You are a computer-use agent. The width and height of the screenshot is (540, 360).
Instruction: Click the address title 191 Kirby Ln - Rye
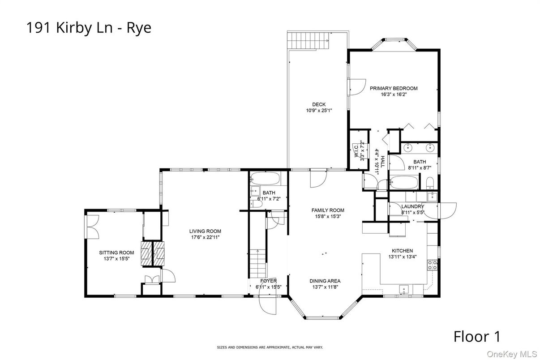[89, 28]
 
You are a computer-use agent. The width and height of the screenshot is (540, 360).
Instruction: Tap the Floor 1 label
[477, 336]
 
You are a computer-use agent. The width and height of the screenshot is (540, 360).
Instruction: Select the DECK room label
[319, 104]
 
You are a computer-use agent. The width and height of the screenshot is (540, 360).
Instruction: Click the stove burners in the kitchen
[433, 265]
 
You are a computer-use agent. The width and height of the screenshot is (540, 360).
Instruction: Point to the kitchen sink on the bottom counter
[405, 289]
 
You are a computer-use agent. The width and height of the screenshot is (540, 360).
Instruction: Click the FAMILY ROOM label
[328, 210]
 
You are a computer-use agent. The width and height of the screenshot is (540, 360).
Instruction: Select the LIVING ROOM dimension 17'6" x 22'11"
[205, 237]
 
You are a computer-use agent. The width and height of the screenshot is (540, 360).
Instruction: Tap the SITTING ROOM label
[116, 253]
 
